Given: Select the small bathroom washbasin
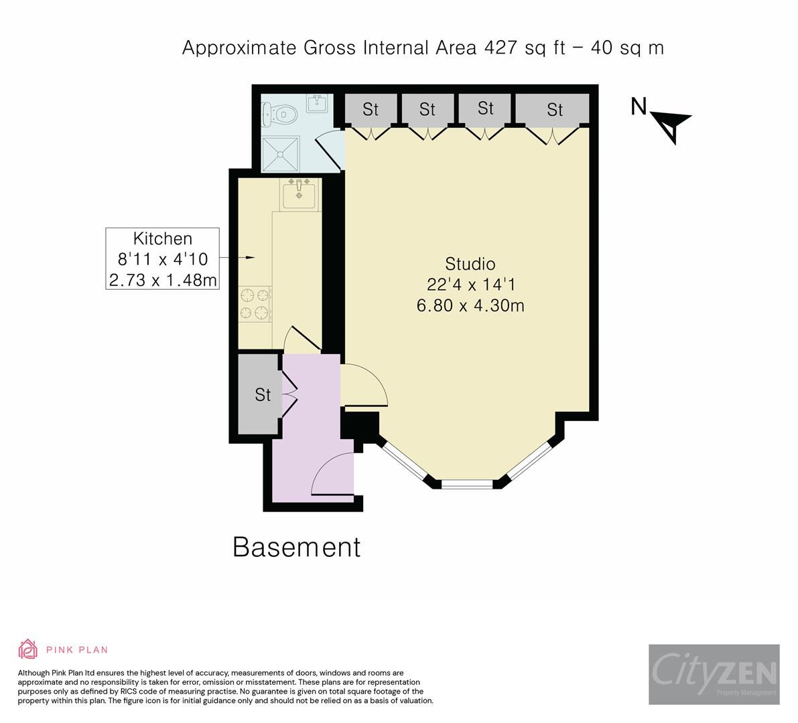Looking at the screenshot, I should click(316, 104).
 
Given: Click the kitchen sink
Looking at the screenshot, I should click(299, 195).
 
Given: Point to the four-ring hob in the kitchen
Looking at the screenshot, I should click(255, 303).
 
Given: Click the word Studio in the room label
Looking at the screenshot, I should click(470, 263).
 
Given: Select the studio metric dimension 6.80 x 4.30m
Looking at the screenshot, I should click(470, 306).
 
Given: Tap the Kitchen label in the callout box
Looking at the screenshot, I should click(162, 238).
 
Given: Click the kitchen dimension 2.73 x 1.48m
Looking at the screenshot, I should click(162, 280).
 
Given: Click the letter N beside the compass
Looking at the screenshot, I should click(639, 106).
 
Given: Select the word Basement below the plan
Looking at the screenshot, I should click(296, 547).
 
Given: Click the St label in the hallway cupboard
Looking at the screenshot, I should click(263, 395).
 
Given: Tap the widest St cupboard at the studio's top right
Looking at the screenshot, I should click(553, 109).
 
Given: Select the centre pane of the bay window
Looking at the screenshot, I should click(467, 483).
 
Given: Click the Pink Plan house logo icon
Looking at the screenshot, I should click(27, 649).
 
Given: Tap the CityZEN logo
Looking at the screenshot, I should click(714, 673).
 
